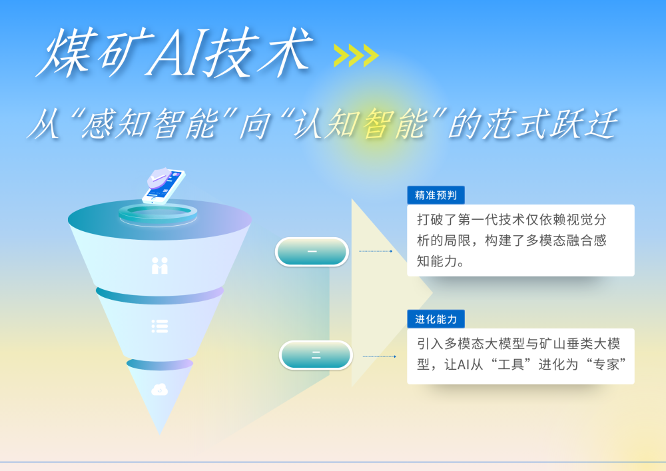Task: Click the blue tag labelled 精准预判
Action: pyautogui.click(x=436, y=195)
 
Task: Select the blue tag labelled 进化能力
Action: pyautogui.click(x=436, y=319)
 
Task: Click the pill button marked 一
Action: pyautogui.click(x=312, y=252)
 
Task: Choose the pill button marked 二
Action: pyautogui.click(x=316, y=355)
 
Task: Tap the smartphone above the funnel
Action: pyautogui.click(x=165, y=186)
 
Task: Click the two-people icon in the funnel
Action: pyautogui.click(x=160, y=265)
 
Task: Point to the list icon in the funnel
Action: pyautogui.click(x=160, y=326)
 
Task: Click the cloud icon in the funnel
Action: pyautogui.click(x=160, y=390)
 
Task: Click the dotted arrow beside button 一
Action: pyautogui.click(x=376, y=251)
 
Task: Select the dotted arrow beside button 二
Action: pyautogui.click(x=379, y=356)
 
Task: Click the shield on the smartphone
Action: pyautogui.click(x=158, y=178)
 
